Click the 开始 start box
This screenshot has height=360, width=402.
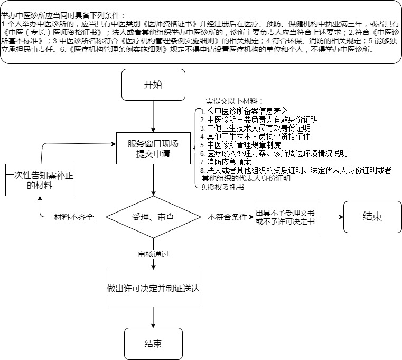(153, 85)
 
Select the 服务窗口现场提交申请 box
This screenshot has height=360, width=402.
(153, 149)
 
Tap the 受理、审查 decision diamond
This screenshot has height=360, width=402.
(153, 217)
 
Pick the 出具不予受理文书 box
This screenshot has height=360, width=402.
(285, 217)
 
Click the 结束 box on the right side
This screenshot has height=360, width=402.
(372, 217)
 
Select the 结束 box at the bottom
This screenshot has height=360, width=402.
(153, 344)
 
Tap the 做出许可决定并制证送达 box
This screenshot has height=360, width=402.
(153, 289)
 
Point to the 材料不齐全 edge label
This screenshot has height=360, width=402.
(74, 217)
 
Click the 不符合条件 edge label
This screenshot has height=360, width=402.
(225, 217)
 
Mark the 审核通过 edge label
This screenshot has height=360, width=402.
(153, 253)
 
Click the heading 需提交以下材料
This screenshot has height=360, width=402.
(234, 101)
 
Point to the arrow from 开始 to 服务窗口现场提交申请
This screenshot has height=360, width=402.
(153, 116)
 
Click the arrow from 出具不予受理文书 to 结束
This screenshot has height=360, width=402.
(330, 217)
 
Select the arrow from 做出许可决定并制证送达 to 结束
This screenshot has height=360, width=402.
(153, 317)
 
